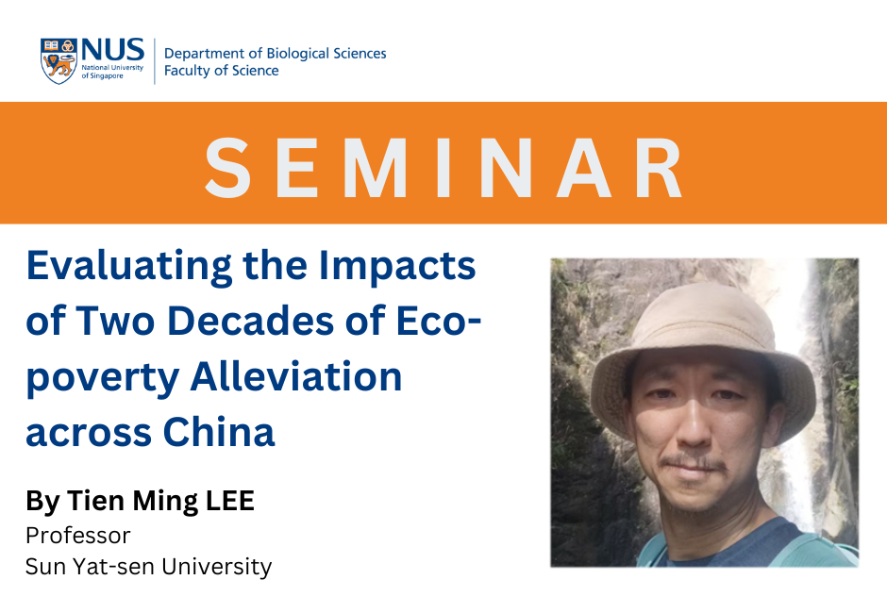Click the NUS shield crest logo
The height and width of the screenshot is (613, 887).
click(59, 61)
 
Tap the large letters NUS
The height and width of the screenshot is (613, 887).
click(113, 50)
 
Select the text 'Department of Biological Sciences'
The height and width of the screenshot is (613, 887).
click(275, 53)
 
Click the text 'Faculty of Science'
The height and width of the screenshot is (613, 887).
click(221, 71)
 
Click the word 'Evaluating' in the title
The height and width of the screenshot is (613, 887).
click(129, 266)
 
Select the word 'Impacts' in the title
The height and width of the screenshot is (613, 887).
click(397, 266)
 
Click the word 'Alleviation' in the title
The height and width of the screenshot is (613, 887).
click(296, 376)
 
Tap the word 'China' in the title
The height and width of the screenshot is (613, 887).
click(218, 432)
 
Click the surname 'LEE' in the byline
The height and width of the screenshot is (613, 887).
click(229, 501)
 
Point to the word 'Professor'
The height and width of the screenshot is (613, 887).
click(78, 536)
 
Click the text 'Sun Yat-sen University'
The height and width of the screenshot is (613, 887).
click(149, 567)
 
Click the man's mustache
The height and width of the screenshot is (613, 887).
click(694, 461)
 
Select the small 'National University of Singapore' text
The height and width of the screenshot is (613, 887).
click(112, 72)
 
